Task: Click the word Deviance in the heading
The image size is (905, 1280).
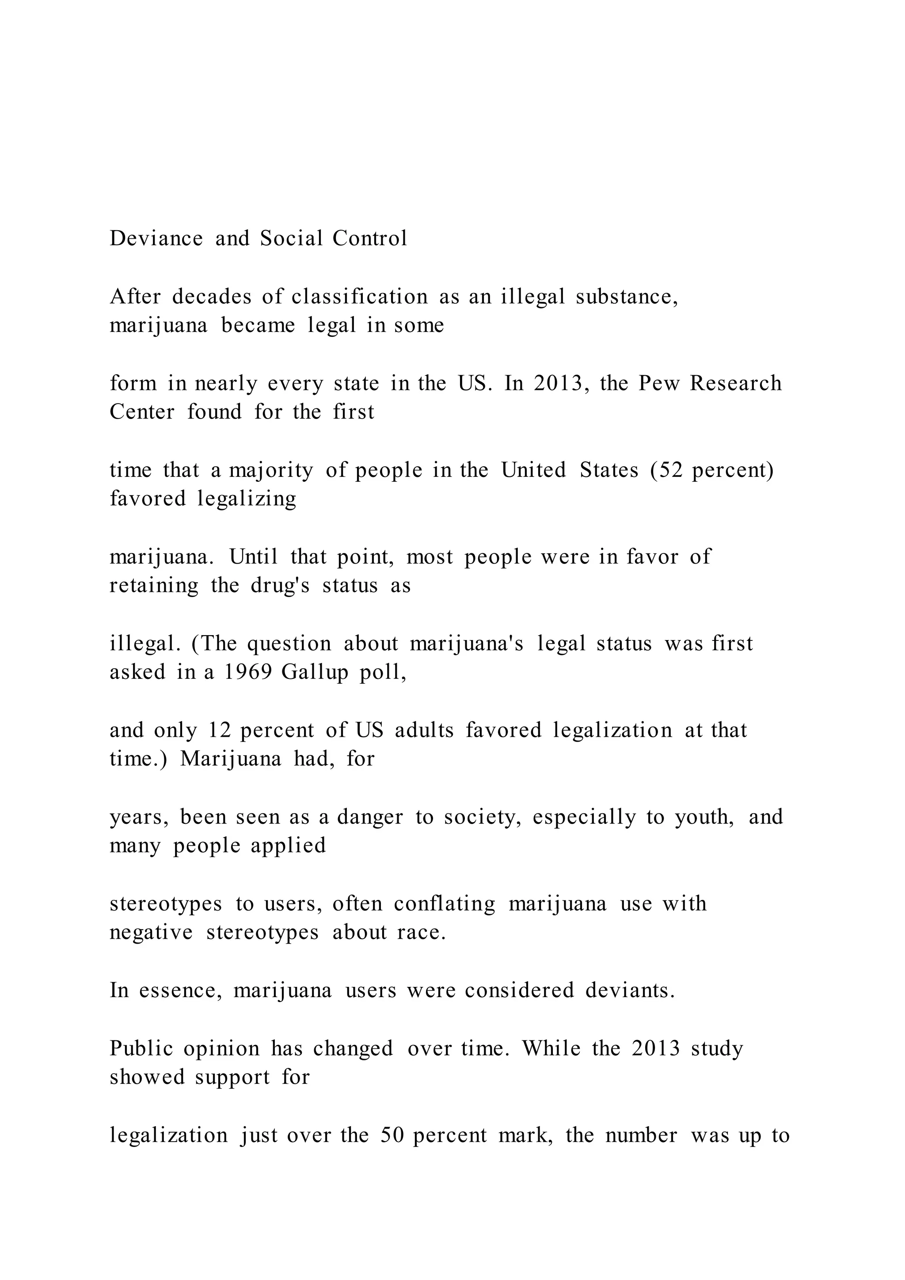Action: click(156, 239)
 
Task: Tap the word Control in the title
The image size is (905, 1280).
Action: click(370, 239)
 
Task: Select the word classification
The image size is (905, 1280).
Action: click(359, 297)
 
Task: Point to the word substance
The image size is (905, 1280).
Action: click(626, 297)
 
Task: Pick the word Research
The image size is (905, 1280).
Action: click(736, 384)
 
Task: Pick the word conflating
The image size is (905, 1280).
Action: click(444, 904)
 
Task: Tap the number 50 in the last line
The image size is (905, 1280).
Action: click(392, 1135)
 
